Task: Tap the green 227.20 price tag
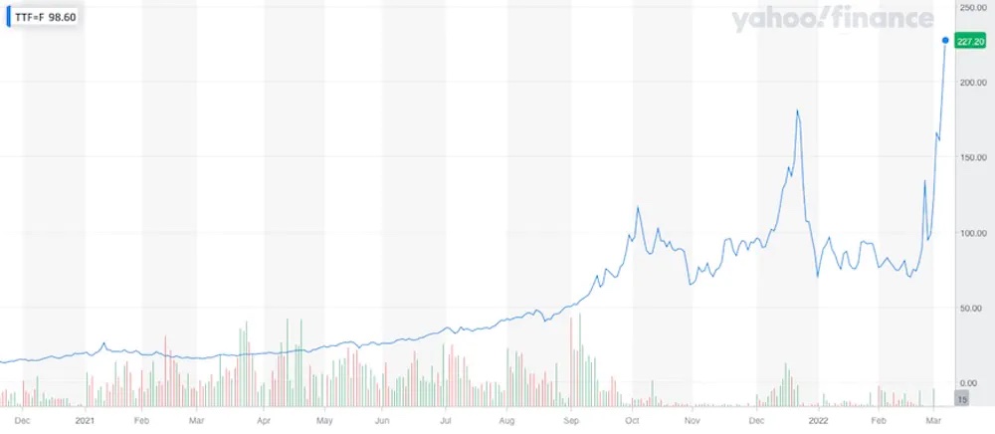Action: click(968, 41)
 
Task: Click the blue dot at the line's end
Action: click(945, 41)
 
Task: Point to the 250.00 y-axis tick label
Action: click(970, 7)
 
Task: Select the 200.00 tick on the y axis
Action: click(970, 83)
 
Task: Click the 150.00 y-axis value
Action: click(970, 157)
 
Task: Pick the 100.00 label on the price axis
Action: click(970, 233)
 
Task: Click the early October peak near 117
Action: click(638, 207)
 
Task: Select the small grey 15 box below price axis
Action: click(961, 398)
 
